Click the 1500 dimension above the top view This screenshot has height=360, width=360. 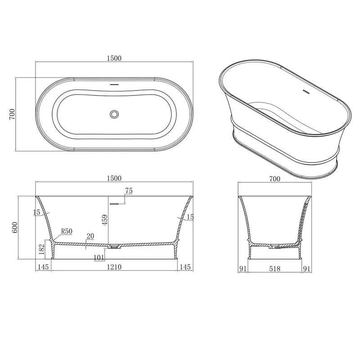coord(115,58)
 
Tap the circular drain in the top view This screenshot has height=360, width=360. coord(115,114)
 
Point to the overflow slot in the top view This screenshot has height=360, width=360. coord(115,84)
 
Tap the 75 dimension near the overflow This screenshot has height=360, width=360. coord(129,191)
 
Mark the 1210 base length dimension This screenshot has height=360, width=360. coord(115,267)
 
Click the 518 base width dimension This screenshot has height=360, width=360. coord(274,269)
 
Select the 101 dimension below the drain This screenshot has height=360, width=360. coord(99,258)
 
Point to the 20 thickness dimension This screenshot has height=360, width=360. coord(90,235)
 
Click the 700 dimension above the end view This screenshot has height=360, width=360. coord(274,179)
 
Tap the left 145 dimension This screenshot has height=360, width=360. coord(43,267)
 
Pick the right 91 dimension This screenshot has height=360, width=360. coord(307,269)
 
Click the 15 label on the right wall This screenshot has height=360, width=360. coord(190,217)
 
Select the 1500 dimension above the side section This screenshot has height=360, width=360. coord(115,178)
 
